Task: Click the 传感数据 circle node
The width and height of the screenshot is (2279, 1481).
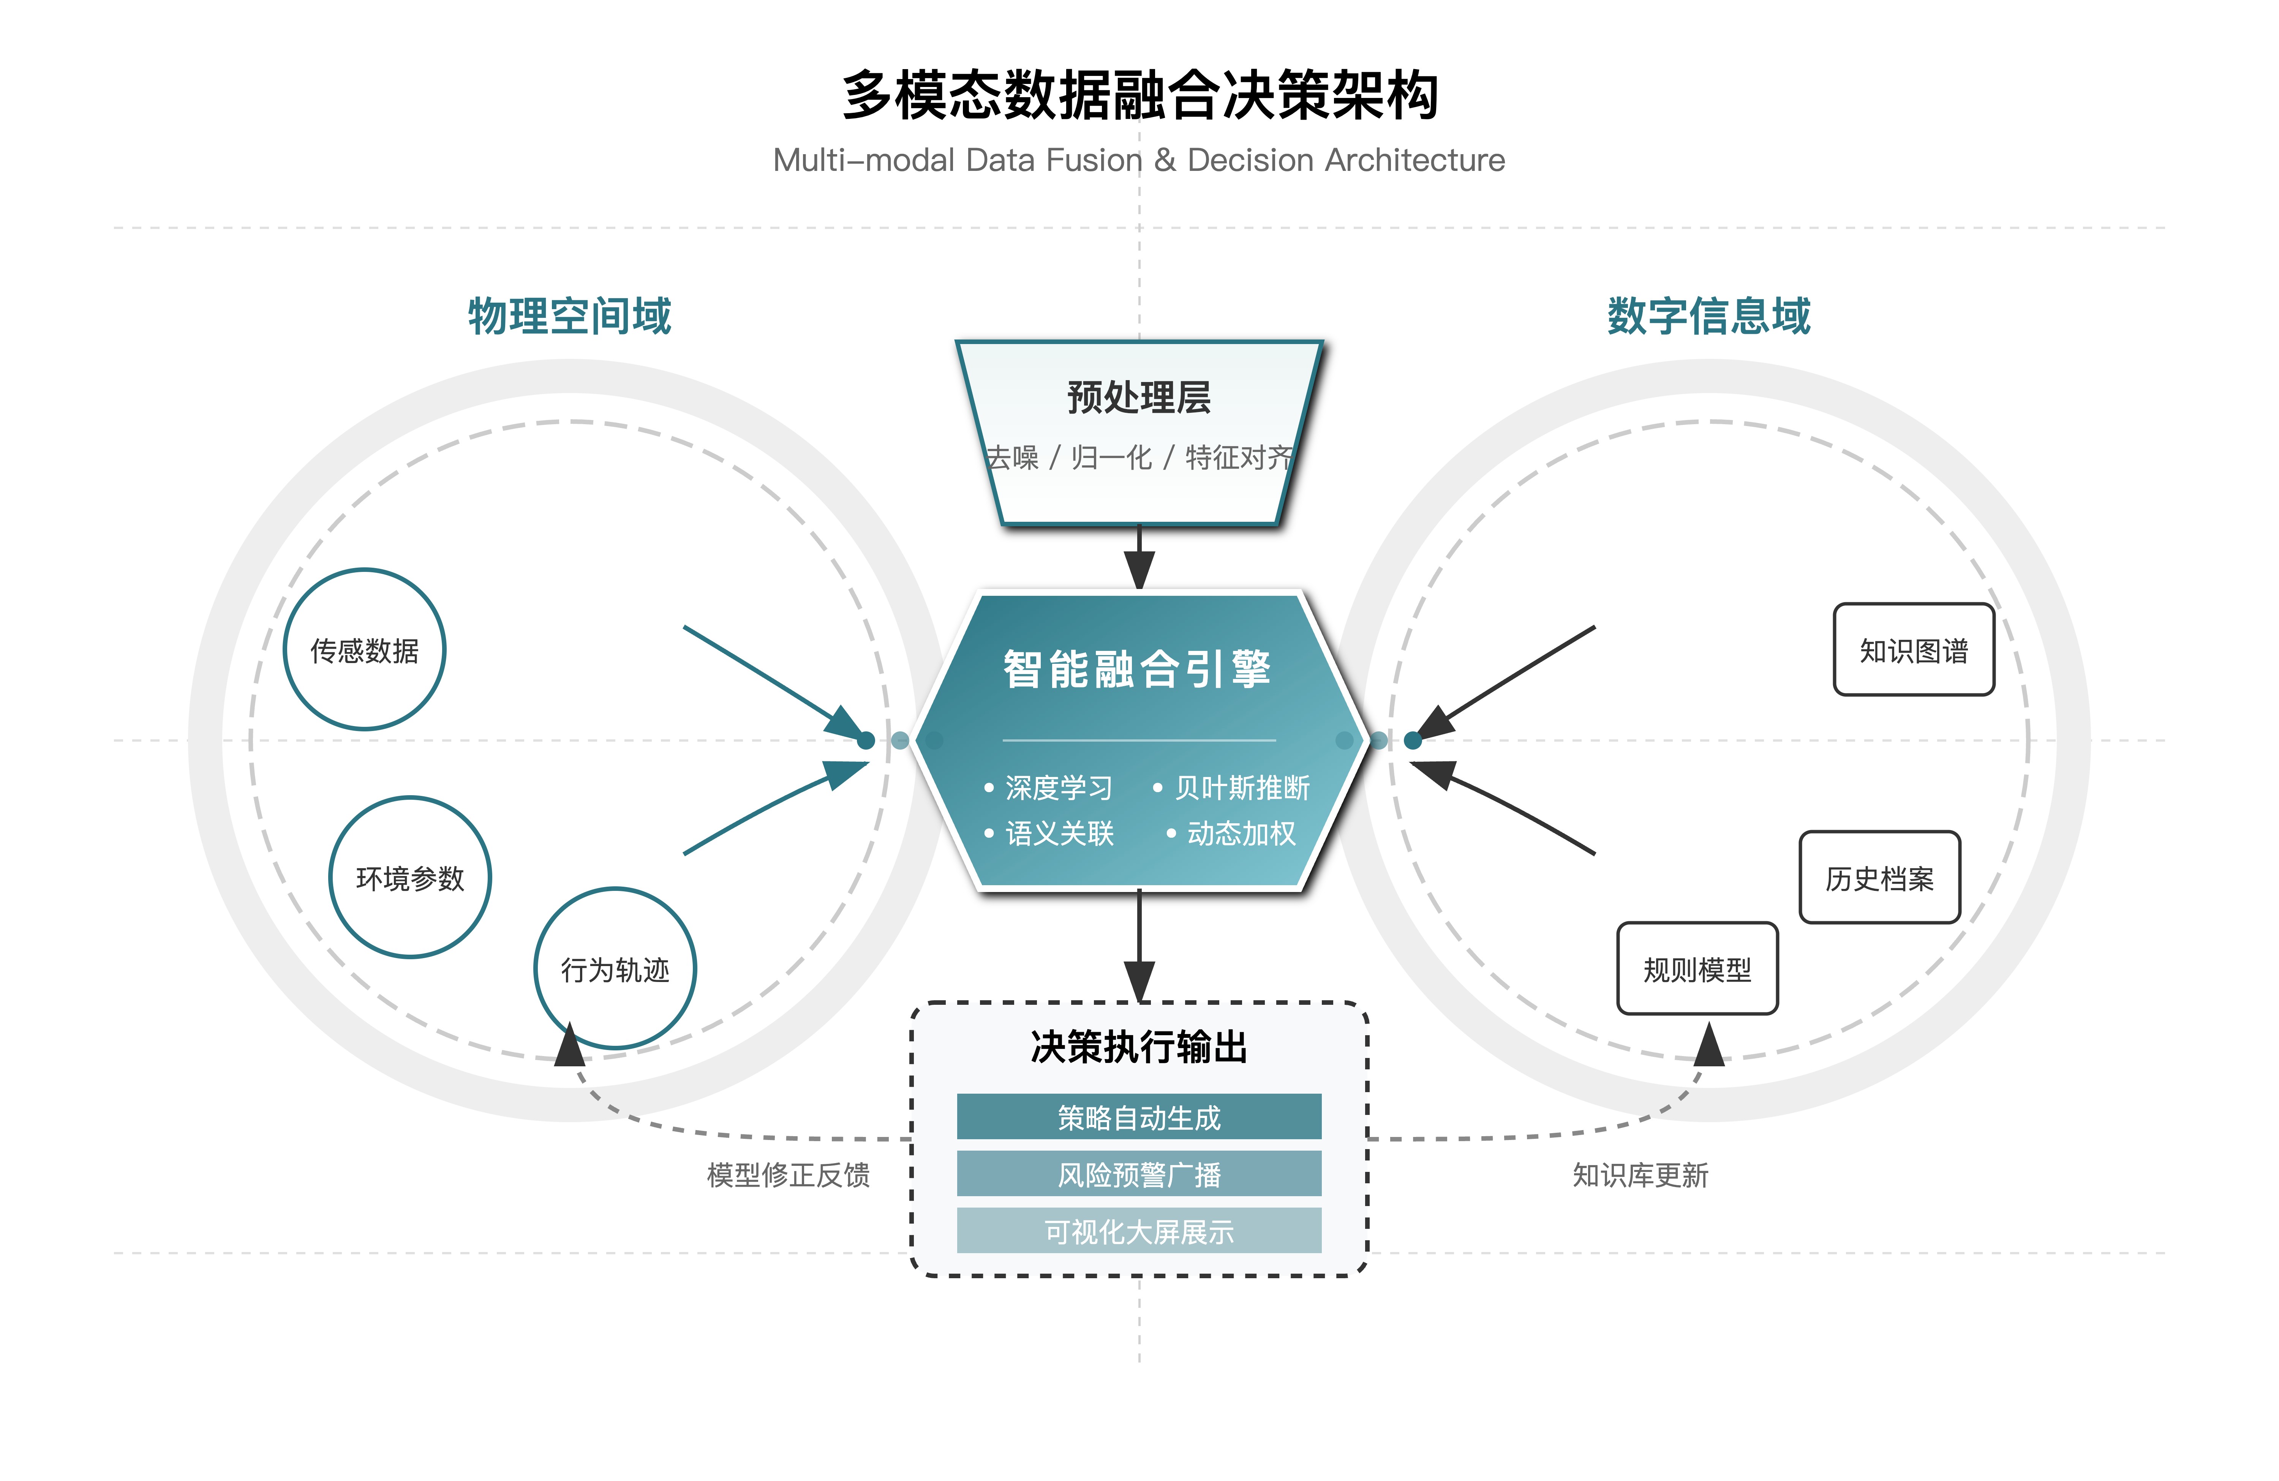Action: pyautogui.click(x=365, y=650)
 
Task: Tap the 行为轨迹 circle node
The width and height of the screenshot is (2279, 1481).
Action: pyautogui.click(x=615, y=969)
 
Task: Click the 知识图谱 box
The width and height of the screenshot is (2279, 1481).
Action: pyautogui.click(x=1913, y=650)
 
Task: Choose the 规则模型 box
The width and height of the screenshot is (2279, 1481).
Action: pyautogui.click(x=1697, y=969)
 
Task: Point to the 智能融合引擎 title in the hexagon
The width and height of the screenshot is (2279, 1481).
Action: pyautogui.click(x=1136, y=668)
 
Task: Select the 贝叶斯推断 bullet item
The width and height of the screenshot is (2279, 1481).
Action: pyautogui.click(x=1241, y=788)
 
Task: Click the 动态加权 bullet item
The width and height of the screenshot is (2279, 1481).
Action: pyautogui.click(x=1241, y=833)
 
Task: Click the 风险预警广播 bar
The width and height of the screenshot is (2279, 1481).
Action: pyautogui.click(x=1138, y=1174)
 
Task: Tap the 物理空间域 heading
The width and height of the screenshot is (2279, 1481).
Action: pyautogui.click(x=570, y=316)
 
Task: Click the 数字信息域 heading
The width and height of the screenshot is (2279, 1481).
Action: pyautogui.click(x=1708, y=316)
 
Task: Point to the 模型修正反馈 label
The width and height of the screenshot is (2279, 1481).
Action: pyautogui.click(x=788, y=1175)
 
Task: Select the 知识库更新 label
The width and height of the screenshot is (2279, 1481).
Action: pyautogui.click(x=1640, y=1175)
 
